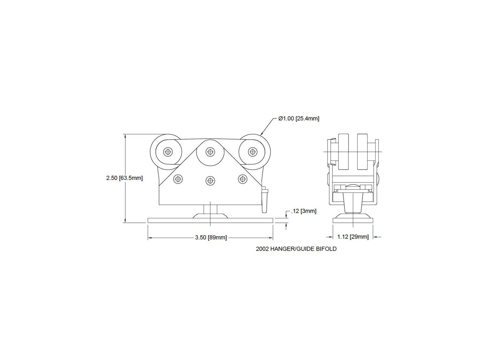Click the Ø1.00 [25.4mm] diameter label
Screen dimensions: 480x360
[298, 118]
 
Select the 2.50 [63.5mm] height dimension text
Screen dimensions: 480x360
[124, 178]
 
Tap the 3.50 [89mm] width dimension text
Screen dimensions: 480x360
[211, 237]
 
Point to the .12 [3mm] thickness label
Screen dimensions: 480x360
[304, 211]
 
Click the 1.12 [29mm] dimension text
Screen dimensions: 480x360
[353, 237]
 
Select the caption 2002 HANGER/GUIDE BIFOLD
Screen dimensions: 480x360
[296, 249]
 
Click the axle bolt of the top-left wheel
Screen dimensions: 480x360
[168, 152]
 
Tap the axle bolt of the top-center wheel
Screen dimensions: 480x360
[210, 152]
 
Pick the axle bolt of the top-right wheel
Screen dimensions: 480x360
[252, 152]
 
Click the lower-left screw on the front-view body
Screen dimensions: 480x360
[178, 179]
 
